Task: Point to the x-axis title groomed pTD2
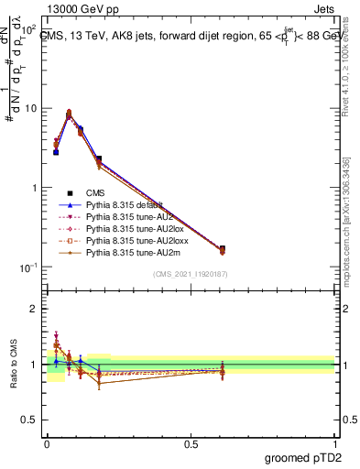[x=308, y=455]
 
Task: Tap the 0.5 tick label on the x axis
[x=191, y=442]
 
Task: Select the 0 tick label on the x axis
[x=47, y=442]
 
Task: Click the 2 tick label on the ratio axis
[x=33, y=309]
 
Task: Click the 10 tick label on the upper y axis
[x=28, y=108]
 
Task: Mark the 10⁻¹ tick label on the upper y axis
[x=26, y=267]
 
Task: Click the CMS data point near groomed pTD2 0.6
[x=223, y=248]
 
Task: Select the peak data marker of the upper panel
[x=69, y=113]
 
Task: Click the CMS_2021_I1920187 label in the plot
[x=191, y=274]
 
